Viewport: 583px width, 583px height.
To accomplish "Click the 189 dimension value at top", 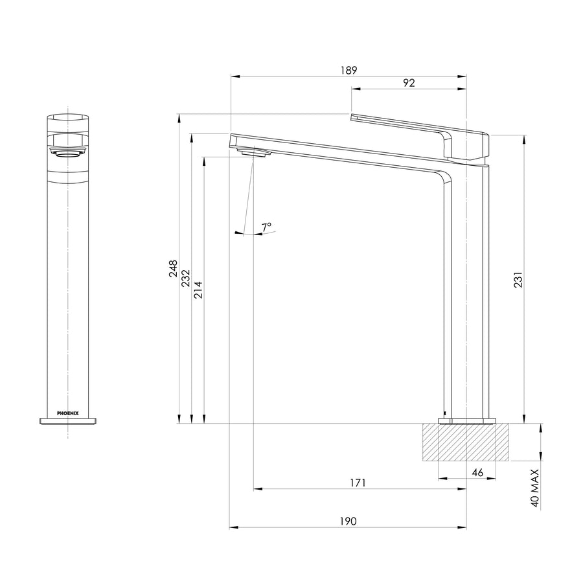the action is coord(349,70).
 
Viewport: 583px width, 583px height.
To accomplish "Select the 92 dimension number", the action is coord(409,82).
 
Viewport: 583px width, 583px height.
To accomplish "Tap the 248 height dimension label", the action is coord(173,268).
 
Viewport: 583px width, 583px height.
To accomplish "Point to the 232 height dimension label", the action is coord(185,278).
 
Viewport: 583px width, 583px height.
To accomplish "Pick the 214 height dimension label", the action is coord(198,290).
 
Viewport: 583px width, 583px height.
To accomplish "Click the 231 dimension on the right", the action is coord(518,280).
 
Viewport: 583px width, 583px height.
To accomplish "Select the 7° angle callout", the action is coord(266,227).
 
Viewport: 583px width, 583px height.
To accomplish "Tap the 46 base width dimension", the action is coord(477,472).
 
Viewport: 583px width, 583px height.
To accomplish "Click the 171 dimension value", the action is coord(358,483).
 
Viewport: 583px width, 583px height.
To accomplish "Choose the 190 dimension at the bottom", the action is coord(348,521).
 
